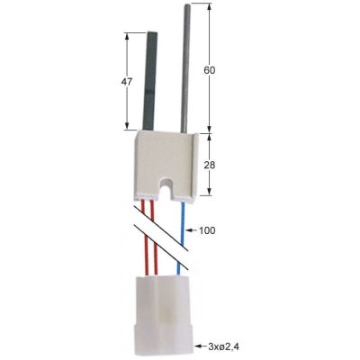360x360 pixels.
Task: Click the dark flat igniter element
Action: click(145, 81)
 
